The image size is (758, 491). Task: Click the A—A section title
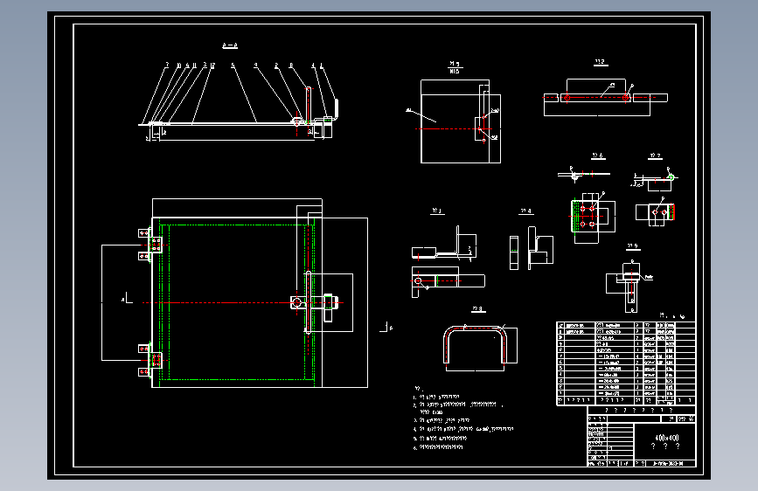231,43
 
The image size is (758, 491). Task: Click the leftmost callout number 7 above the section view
165,66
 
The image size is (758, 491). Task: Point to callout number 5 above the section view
233,66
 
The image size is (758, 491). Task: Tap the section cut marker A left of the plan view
125,298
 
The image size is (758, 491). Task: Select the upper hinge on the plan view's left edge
150,245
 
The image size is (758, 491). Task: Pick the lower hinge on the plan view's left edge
150,359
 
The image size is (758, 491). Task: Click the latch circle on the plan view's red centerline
296,302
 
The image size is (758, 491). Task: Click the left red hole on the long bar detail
567,97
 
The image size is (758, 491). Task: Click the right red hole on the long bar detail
627,97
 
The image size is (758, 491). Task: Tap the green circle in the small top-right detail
671,176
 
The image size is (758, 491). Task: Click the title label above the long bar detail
600,62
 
